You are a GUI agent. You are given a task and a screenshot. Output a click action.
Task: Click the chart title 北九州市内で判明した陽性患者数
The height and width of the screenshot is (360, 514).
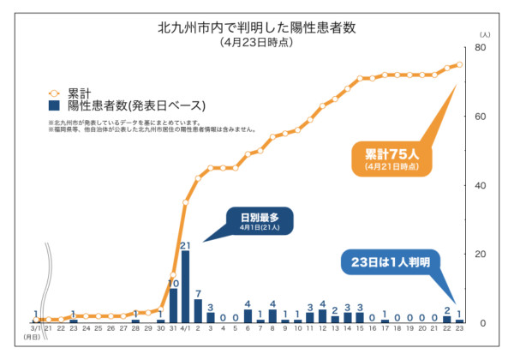coord(257,27)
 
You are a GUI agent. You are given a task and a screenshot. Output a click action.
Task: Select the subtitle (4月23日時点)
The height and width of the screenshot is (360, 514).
coord(257,42)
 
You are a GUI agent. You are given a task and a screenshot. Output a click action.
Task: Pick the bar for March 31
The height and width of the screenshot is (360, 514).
coord(173,305)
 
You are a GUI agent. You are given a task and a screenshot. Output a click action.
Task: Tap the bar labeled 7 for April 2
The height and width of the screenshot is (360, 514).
coord(198,310)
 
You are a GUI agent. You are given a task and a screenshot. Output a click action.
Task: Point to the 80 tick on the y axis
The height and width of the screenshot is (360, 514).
coord(481,48)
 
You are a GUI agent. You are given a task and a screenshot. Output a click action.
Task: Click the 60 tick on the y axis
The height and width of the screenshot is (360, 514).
coord(481,117)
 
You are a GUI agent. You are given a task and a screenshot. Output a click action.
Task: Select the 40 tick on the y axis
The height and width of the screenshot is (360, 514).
coord(481,185)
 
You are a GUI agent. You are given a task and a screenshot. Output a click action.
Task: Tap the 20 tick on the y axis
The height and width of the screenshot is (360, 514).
coord(481,254)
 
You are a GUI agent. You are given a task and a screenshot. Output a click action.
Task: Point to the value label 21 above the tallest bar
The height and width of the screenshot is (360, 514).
coord(185,245)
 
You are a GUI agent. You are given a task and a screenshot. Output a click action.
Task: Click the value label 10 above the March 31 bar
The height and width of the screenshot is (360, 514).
coord(173,283)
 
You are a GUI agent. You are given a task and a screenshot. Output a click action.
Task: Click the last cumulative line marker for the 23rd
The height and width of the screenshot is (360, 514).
coord(459,64)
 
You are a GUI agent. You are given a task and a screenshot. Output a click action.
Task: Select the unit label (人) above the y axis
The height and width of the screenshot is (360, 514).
coord(485,33)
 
